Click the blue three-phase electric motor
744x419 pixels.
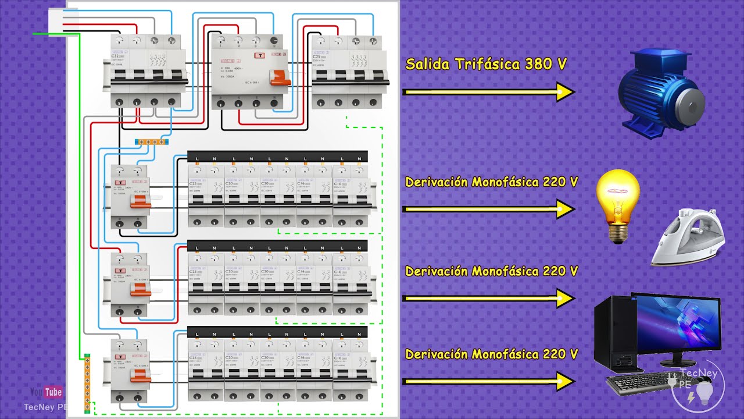(x=660, y=93)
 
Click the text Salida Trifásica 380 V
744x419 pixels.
(x=485, y=64)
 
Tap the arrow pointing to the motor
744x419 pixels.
(x=488, y=92)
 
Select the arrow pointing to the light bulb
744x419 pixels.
(x=488, y=209)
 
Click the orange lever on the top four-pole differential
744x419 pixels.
(x=282, y=79)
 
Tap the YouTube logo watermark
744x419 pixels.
(x=46, y=392)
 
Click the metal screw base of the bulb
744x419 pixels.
(x=618, y=233)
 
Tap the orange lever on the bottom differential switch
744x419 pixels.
(x=140, y=378)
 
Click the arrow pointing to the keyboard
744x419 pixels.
(x=488, y=382)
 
